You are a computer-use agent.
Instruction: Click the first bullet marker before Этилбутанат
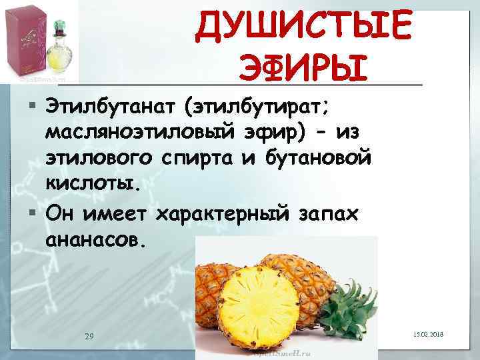(33, 105)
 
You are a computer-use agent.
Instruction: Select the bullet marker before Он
(33, 213)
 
